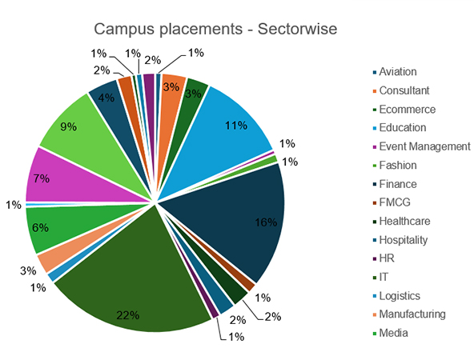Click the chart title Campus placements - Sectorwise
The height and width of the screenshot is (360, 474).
(x=215, y=30)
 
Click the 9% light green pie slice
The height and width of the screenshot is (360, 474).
(x=76, y=132)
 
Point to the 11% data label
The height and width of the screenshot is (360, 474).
(x=234, y=126)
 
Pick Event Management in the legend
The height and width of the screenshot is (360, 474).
(x=424, y=146)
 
